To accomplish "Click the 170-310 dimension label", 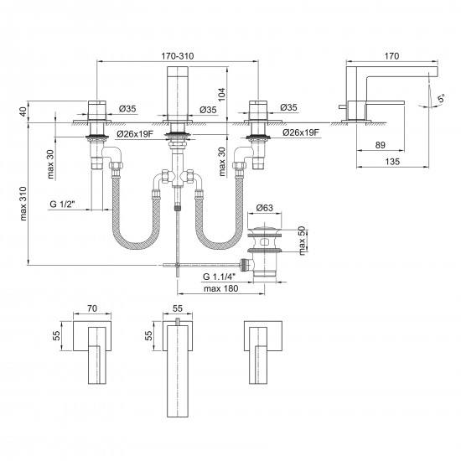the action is [178, 56].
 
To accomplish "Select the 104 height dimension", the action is [222, 94].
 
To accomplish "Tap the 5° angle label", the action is [441, 98].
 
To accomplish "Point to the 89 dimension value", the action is [381, 145].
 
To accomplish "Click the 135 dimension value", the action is [392, 162].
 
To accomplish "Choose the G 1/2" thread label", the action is [62, 204].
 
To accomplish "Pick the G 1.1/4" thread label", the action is [220, 277].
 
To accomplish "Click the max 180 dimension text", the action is [220, 288].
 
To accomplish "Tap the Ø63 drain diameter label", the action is [264, 208].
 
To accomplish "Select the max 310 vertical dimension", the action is [23, 204].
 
